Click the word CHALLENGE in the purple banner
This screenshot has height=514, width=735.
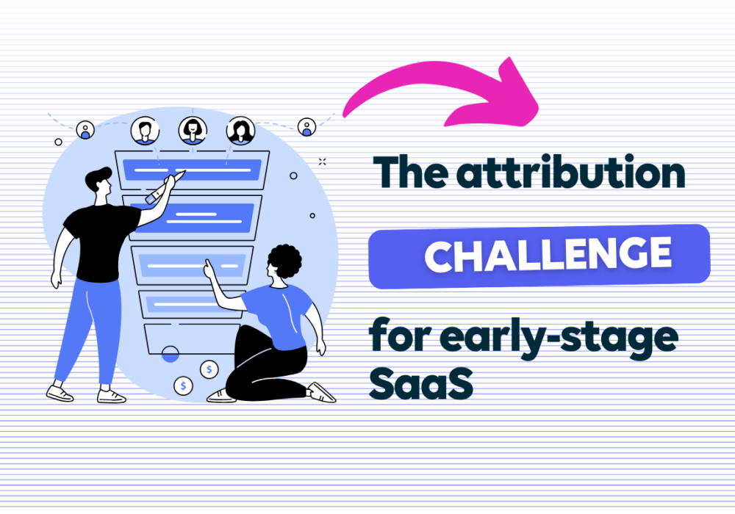(548, 254)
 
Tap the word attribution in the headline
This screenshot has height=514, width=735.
(571, 172)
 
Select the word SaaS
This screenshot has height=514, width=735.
(421, 383)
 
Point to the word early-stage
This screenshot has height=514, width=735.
(559, 338)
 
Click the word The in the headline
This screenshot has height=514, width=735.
(410, 172)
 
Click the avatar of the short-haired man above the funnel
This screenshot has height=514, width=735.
(145, 131)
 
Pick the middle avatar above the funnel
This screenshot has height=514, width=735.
(193, 130)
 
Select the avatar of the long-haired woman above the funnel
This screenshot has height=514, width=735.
(240, 131)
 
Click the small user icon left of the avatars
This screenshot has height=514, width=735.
(85, 130)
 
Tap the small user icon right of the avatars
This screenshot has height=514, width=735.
(306, 126)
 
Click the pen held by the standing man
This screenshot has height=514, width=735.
(165, 188)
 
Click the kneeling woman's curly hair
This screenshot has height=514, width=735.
(284, 261)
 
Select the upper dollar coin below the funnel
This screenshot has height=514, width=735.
(209, 369)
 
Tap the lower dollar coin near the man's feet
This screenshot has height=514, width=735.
(183, 385)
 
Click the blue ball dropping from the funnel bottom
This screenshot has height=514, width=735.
(171, 355)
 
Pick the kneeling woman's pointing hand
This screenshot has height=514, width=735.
(209, 269)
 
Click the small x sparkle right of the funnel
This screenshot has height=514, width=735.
(322, 162)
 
